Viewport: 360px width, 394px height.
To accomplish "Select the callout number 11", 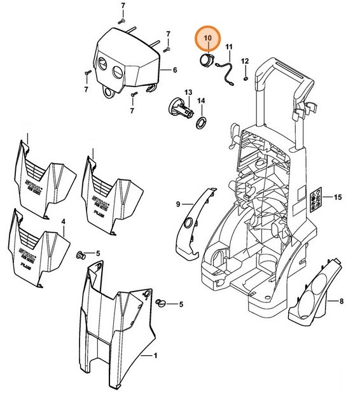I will [229, 48].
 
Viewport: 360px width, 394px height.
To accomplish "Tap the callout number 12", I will [245, 62].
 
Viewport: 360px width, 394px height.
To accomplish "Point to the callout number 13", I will [188, 93].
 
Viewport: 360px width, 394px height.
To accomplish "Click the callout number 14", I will [200, 101].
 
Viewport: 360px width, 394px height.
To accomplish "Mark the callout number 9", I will [179, 204].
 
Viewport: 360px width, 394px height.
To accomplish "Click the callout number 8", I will [342, 300].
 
